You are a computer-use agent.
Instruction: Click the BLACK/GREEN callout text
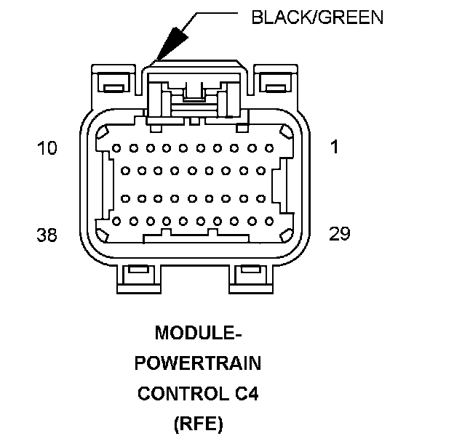coord(316,17)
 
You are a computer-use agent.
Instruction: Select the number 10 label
coord(47,149)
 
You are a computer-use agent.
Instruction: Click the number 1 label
coord(334,148)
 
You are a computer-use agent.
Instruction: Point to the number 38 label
coord(47,235)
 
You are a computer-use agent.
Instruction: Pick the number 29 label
coord(339,233)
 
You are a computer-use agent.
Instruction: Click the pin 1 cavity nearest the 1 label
coord(268,148)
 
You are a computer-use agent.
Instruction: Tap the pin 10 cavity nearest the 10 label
coord(116,148)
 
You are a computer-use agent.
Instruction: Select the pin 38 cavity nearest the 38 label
coord(116,221)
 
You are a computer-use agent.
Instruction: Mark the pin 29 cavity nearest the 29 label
coord(268,221)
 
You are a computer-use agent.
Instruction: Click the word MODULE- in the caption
coord(198,333)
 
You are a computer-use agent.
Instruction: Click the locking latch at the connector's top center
coord(194,94)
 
